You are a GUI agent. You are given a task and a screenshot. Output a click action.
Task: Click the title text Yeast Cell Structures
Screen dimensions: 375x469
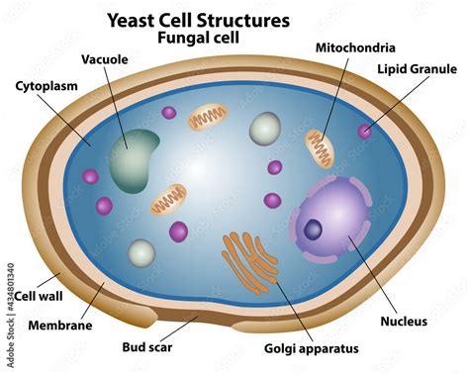pos(226,19)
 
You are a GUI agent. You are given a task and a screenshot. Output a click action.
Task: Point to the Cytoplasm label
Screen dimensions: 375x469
pos(47,86)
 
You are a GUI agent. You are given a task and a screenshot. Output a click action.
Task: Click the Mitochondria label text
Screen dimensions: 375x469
pos(355,47)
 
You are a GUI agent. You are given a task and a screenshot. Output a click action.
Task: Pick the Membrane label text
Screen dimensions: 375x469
pos(60,325)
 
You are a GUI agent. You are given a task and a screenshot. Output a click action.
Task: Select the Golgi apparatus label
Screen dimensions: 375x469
pos(311,347)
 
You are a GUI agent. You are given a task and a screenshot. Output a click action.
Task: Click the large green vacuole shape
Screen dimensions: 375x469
pos(134,158)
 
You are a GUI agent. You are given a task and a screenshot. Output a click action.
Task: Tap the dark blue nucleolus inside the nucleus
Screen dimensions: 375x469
pos(314,230)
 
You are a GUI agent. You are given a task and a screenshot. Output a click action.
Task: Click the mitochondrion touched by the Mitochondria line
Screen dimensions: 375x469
pos(319,147)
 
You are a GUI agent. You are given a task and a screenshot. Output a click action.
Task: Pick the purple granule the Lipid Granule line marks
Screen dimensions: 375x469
pos(366,131)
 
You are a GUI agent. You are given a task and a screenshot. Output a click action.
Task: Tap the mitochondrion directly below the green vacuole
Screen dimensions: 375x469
pos(168,199)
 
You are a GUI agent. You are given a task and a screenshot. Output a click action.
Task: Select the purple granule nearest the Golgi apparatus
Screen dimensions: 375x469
pos(178,232)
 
